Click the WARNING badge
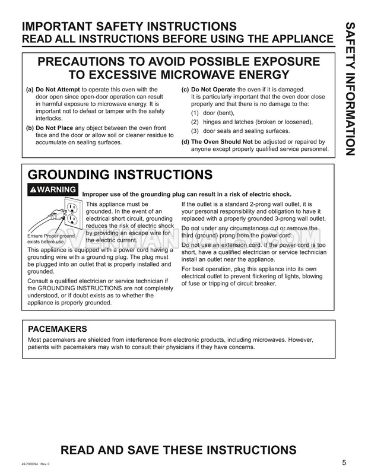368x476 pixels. point(53,189)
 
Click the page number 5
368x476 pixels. point(344,463)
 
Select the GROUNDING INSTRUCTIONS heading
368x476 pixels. point(120,174)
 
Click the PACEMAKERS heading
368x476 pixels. point(58,329)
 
